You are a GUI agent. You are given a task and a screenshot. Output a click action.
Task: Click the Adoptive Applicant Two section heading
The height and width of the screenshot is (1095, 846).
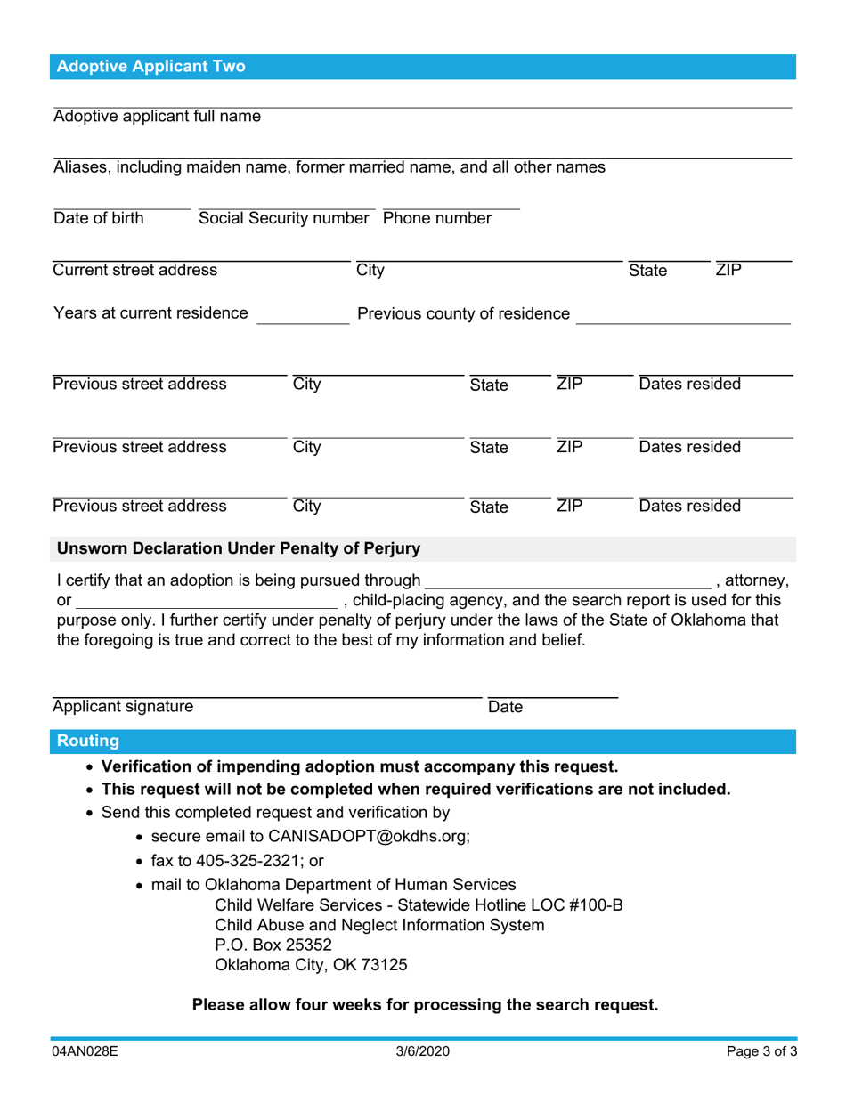click(151, 67)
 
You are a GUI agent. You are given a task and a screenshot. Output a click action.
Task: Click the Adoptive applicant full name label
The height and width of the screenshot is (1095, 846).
click(158, 117)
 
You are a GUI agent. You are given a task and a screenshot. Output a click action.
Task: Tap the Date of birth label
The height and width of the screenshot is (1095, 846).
click(98, 218)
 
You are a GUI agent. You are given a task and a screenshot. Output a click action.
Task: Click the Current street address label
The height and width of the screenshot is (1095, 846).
click(134, 270)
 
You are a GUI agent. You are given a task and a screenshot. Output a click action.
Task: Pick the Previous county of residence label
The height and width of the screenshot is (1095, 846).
click(463, 313)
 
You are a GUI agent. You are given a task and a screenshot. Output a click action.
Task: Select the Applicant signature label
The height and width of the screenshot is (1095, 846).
click(122, 707)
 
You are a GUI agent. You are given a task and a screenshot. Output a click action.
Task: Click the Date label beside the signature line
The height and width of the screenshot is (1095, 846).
click(505, 707)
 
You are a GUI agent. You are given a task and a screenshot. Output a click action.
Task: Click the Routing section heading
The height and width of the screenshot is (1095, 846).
click(88, 741)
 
